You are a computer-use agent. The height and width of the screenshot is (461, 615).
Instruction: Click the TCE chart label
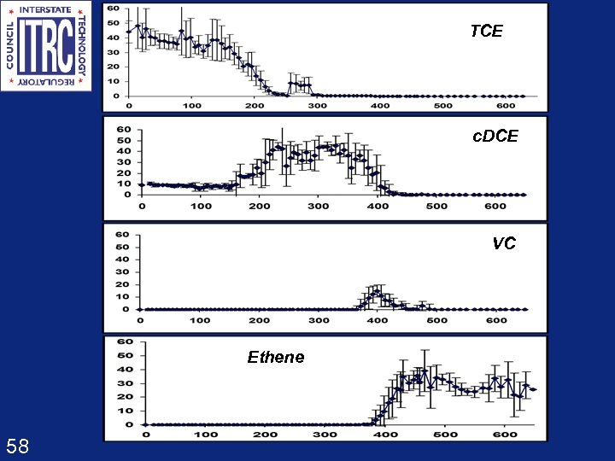[487, 32]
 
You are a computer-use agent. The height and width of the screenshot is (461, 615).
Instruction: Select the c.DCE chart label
[495, 137]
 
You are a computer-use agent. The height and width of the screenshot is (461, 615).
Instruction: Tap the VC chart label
[504, 243]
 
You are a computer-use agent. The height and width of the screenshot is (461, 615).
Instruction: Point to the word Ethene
[275, 358]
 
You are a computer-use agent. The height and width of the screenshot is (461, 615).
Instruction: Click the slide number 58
[17, 446]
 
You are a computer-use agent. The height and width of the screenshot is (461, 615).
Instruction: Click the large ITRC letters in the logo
[46, 46]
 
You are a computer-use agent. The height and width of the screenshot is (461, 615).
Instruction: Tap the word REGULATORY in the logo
[46, 83]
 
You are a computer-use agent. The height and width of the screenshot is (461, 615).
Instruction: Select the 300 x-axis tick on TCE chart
[316, 105]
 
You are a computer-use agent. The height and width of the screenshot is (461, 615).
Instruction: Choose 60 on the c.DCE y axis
[124, 130]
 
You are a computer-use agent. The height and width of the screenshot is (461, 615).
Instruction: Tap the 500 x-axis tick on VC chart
[436, 320]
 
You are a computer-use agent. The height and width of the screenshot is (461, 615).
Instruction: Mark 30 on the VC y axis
[123, 271]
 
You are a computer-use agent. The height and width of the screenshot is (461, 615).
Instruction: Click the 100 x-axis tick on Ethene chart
[205, 435]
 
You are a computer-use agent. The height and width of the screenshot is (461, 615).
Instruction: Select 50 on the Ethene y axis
[126, 355]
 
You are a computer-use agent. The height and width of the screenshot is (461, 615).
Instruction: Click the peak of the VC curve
[377, 292]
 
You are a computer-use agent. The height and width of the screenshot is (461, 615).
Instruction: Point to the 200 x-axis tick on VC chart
[259, 320]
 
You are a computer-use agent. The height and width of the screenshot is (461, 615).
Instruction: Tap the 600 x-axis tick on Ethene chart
[506, 435]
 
